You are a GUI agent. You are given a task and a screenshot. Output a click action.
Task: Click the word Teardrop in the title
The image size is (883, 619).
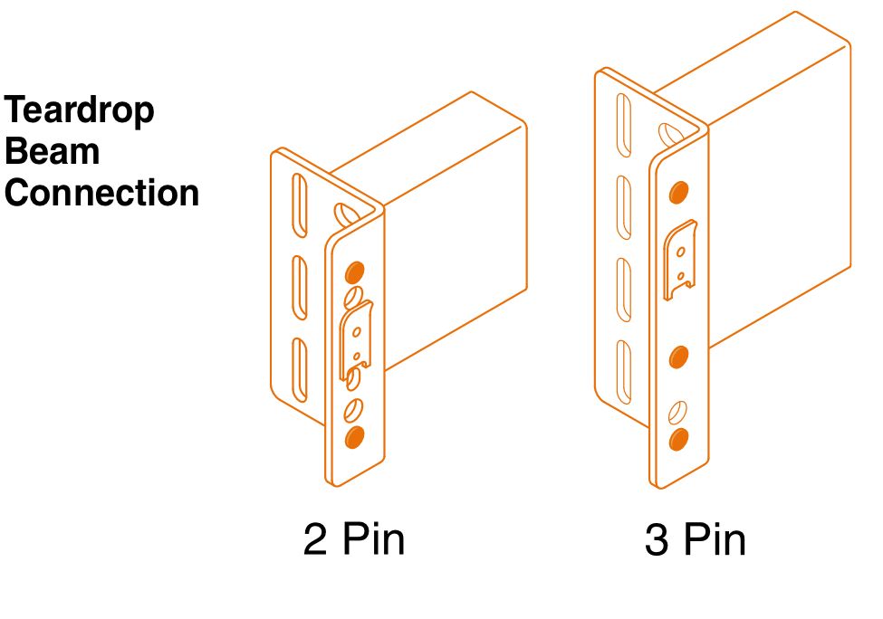coord(79,110)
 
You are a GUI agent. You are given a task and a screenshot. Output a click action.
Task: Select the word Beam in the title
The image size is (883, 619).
coord(53,151)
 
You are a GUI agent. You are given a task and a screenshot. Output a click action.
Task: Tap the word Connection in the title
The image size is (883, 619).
coord(102,193)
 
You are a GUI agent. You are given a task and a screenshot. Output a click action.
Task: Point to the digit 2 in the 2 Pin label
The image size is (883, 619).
coord(315,539)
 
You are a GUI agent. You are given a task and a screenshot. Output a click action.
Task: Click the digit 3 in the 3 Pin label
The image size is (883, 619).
coord(656,539)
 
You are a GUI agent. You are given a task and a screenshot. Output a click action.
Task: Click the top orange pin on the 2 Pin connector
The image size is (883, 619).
coord(354,272)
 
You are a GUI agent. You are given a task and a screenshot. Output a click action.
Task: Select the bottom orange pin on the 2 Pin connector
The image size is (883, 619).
coord(354,437)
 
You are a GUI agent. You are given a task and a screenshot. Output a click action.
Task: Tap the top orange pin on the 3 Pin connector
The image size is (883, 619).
coord(679,193)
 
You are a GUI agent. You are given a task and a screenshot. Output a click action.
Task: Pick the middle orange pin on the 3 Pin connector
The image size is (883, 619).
coord(678,357)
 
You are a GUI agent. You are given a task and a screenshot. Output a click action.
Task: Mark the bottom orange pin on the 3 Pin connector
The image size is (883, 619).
coord(678,440)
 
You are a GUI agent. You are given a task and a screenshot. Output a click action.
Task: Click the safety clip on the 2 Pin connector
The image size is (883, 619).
coord(355,340)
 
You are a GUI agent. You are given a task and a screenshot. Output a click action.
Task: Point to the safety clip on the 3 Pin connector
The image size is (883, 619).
coord(680,260)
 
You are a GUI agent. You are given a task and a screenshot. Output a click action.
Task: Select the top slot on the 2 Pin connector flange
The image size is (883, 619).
coord(300,205)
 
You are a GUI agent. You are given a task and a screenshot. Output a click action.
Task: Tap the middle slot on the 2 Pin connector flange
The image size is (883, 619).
coord(300,288)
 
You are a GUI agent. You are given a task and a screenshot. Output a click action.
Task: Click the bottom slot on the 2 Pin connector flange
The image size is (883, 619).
coord(300,370)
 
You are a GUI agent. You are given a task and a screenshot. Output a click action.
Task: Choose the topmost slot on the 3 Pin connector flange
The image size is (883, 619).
coord(624,125)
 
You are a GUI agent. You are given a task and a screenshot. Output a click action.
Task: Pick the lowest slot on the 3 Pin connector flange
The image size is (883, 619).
coord(624,372)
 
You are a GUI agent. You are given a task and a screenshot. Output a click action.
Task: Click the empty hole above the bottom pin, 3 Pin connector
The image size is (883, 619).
coord(677,413)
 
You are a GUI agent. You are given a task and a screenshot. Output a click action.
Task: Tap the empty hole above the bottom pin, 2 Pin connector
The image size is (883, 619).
coord(353,410)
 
